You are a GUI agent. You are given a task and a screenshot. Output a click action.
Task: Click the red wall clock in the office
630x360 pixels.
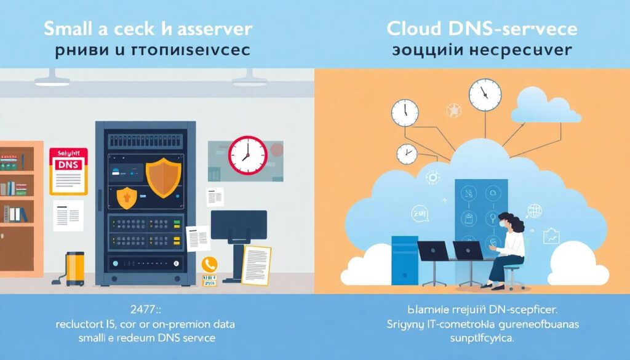point(248,154)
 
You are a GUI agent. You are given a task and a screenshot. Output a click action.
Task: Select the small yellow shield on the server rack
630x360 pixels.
point(126,198)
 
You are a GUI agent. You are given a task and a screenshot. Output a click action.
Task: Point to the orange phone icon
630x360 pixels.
point(210,264)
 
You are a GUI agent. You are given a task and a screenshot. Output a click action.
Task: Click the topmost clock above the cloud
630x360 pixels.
point(485,94)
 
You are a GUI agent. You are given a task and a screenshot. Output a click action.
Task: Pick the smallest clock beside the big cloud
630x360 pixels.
point(407,153)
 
